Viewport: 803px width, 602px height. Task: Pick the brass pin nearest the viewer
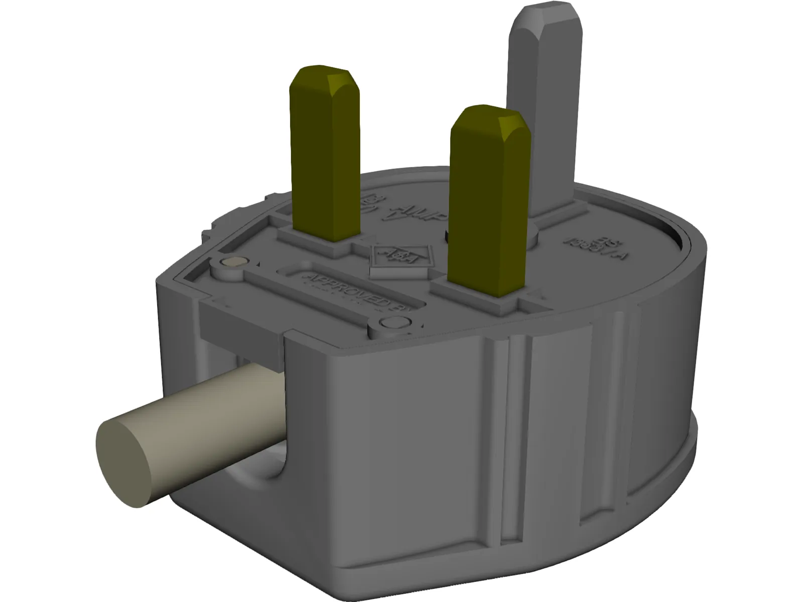point(489,211)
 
